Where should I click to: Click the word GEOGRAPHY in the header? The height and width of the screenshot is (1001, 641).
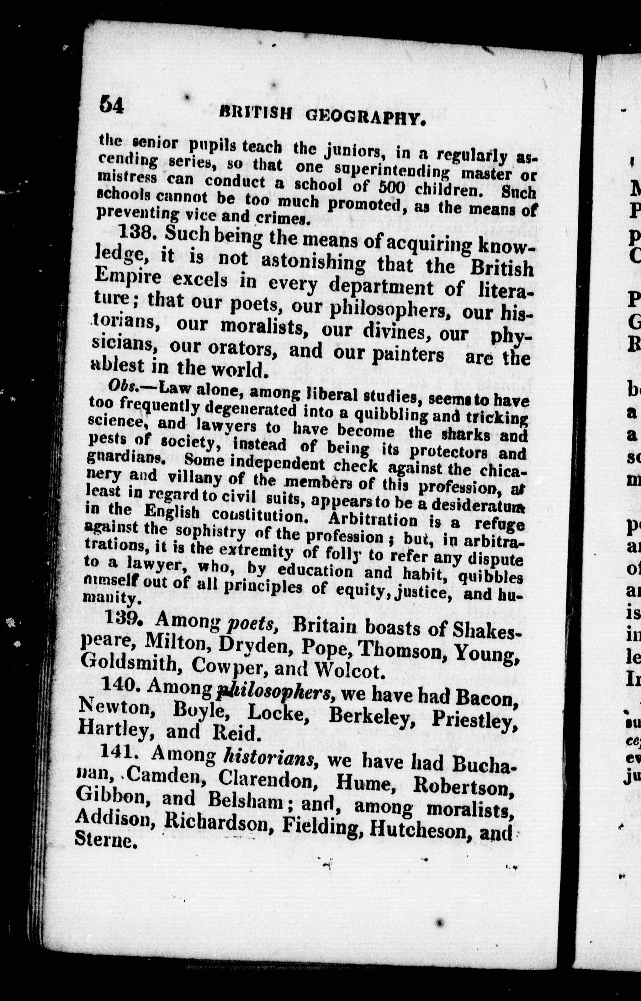click(x=366, y=118)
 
